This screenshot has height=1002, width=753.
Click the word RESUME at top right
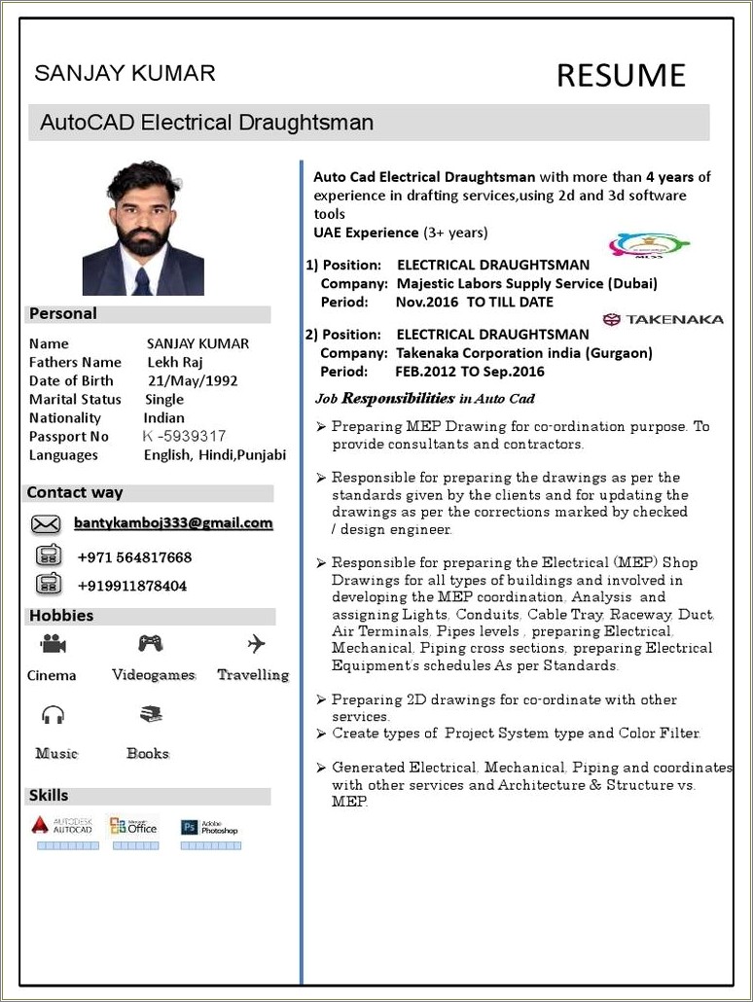tap(621, 75)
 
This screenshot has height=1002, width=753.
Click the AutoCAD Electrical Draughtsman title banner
tap(206, 123)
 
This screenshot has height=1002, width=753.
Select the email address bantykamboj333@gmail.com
tap(173, 523)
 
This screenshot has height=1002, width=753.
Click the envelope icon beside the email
tap(46, 524)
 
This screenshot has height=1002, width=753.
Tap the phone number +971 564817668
tap(134, 557)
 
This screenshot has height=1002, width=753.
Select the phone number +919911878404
tap(131, 586)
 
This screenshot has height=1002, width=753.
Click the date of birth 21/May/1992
tap(193, 380)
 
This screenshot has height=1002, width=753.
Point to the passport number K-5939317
tap(184, 436)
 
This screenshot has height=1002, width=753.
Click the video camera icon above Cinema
tap(53, 644)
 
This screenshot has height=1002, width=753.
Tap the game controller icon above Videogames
tap(150, 643)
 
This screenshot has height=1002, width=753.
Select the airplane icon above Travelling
tap(256, 643)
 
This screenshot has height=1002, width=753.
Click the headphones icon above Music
tap(53, 715)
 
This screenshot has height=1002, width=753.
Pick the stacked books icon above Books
tap(150, 714)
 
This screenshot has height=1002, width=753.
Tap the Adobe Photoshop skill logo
tap(209, 828)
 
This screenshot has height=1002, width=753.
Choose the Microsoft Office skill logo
tap(133, 826)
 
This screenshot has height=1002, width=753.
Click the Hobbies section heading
tap(61, 616)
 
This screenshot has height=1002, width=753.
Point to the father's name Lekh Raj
tap(175, 362)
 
